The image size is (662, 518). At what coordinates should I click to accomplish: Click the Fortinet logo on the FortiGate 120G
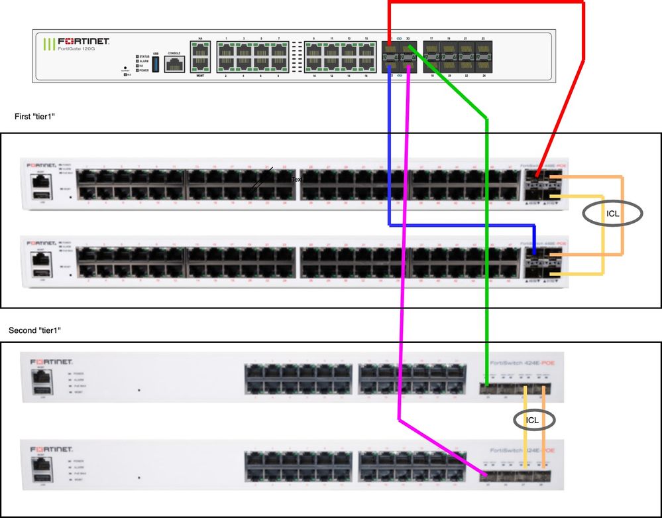pyautogui.click(x=83, y=41)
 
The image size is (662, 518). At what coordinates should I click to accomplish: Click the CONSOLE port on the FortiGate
pyautogui.click(x=174, y=64)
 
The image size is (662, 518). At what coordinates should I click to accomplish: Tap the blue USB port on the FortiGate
pyautogui.click(x=156, y=64)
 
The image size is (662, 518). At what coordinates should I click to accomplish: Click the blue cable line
pyautogui.click(x=457, y=226)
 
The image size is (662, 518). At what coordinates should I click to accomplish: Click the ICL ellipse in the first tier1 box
pyautogui.click(x=613, y=214)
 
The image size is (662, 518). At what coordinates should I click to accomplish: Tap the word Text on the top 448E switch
pyautogui.click(x=296, y=179)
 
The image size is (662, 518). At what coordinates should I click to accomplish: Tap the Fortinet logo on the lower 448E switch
pyautogui.click(x=46, y=243)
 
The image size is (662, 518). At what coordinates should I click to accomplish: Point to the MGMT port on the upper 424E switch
pyautogui.click(x=41, y=375)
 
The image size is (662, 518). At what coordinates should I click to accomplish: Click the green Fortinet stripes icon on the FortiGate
pyautogui.click(x=48, y=45)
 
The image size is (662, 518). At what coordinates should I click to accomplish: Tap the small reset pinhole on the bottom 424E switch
pyautogui.click(x=138, y=478)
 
